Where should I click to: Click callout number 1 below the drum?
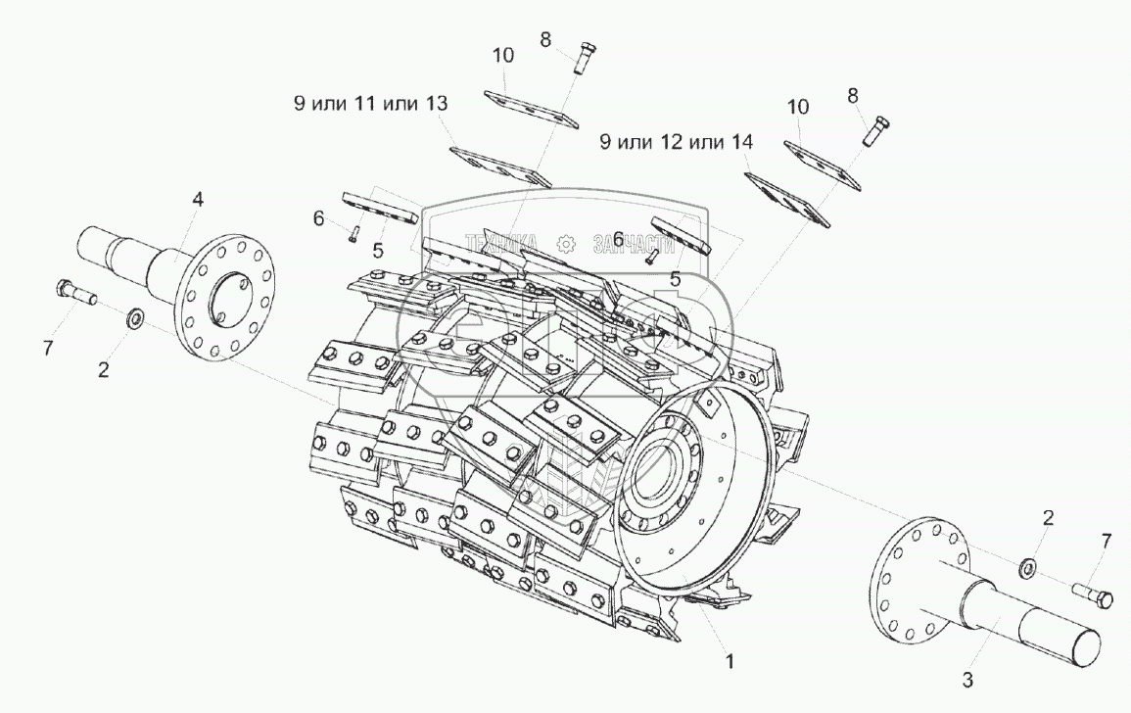(x=728, y=661)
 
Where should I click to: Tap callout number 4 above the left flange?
(x=198, y=200)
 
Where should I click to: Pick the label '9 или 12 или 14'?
(x=677, y=142)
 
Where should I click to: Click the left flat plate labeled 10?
(x=529, y=109)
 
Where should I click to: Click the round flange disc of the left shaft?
(x=227, y=295)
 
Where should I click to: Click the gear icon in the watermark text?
(x=565, y=242)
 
